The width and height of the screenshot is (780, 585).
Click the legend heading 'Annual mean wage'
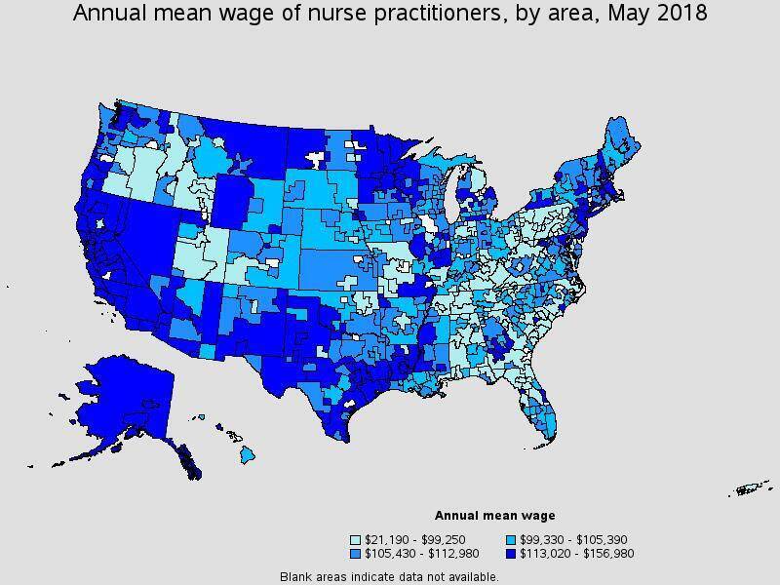(494, 516)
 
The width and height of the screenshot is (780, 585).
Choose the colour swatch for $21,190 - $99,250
(357, 539)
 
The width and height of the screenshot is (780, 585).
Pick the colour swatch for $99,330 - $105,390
(513, 539)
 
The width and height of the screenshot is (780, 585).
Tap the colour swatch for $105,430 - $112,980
(357, 553)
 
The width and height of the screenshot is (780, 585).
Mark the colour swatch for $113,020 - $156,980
(513, 553)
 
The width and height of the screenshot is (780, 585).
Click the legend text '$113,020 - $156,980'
(578, 553)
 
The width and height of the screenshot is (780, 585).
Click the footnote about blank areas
(389, 576)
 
